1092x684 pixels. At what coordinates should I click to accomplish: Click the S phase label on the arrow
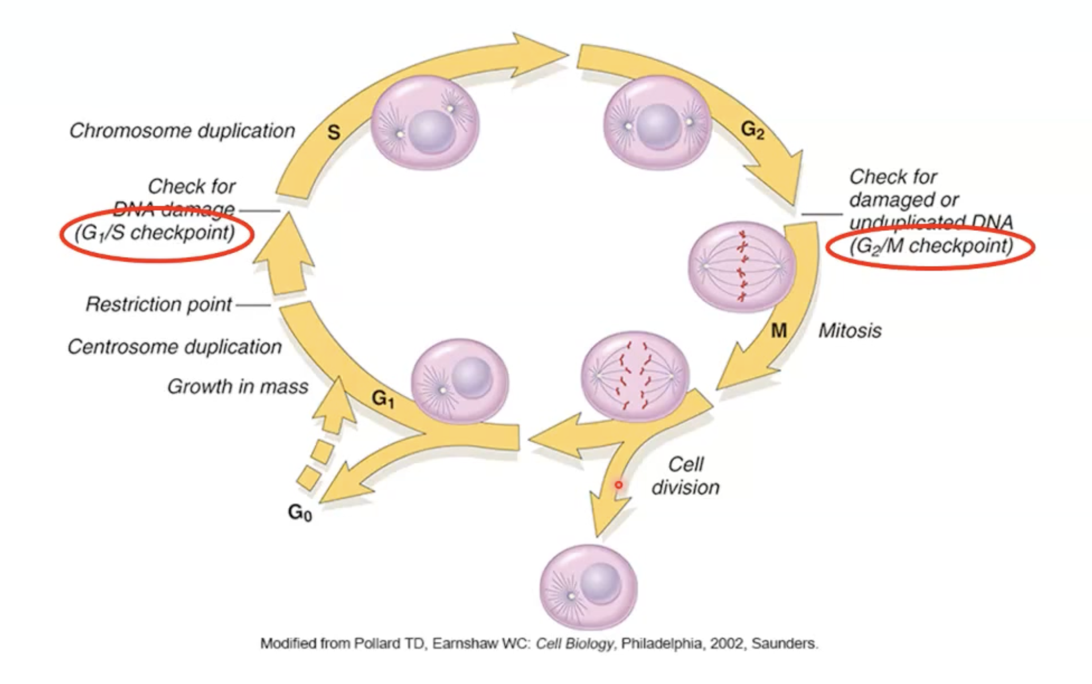coord(333,133)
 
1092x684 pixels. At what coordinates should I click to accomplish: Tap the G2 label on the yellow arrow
coord(752,131)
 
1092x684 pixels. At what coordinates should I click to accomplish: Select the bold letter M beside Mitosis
coord(779,331)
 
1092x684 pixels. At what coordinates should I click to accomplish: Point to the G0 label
coord(300,512)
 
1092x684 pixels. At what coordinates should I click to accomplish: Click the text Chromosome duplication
coord(182,131)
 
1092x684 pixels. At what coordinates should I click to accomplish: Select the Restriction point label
coord(159,304)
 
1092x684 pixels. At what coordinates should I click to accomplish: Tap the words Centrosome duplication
coord(175,347)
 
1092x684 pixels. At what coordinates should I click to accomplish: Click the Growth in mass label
coord(237,387)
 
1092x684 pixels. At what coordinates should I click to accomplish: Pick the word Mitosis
coord(849,331)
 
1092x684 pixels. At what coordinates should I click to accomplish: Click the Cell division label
coord(685,476)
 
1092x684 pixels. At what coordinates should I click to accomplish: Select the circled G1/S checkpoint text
coord(156,233)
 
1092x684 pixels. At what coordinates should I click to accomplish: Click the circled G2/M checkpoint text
coord(931,246)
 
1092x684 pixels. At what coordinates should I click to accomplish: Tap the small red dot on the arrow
coord(619,485)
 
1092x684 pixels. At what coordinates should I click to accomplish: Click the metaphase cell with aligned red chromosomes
coord(742,266)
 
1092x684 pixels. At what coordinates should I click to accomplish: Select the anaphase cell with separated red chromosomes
coord(635,376)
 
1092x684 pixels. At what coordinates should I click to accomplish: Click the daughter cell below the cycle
coord(588,588)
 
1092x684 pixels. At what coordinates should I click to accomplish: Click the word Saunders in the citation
coord(784,644)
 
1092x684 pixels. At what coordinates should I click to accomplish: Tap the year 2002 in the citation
coord(727,644)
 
